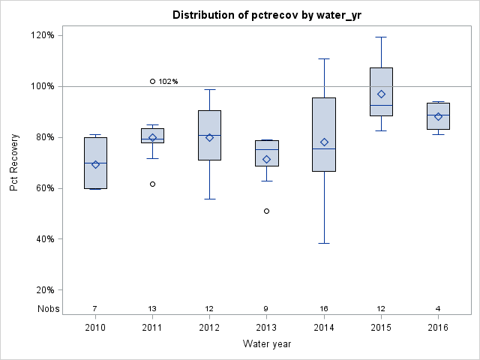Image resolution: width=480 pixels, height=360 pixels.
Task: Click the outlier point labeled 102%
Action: (152, 81)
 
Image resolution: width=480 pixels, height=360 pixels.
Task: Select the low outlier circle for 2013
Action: (267, 211)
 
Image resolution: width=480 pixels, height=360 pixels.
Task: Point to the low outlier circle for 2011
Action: (152, 184)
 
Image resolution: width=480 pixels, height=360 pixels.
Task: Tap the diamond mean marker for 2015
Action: (381, 94)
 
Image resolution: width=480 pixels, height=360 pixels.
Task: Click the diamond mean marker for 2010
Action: (95, 164)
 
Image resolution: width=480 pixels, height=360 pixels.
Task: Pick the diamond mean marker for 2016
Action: (438, 116)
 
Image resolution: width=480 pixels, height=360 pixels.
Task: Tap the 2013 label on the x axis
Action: (267, 328)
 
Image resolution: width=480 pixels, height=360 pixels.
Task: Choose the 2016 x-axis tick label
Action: (438, 328)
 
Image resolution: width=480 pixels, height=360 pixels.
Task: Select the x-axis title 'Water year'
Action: (266, 344)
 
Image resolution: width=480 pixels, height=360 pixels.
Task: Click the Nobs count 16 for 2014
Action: (324, 308)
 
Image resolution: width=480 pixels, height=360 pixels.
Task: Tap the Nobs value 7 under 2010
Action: (95, 308)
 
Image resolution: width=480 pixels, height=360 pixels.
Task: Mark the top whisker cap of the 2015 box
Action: (381, 37)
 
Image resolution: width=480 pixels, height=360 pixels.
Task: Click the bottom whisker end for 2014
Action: (324, 243)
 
